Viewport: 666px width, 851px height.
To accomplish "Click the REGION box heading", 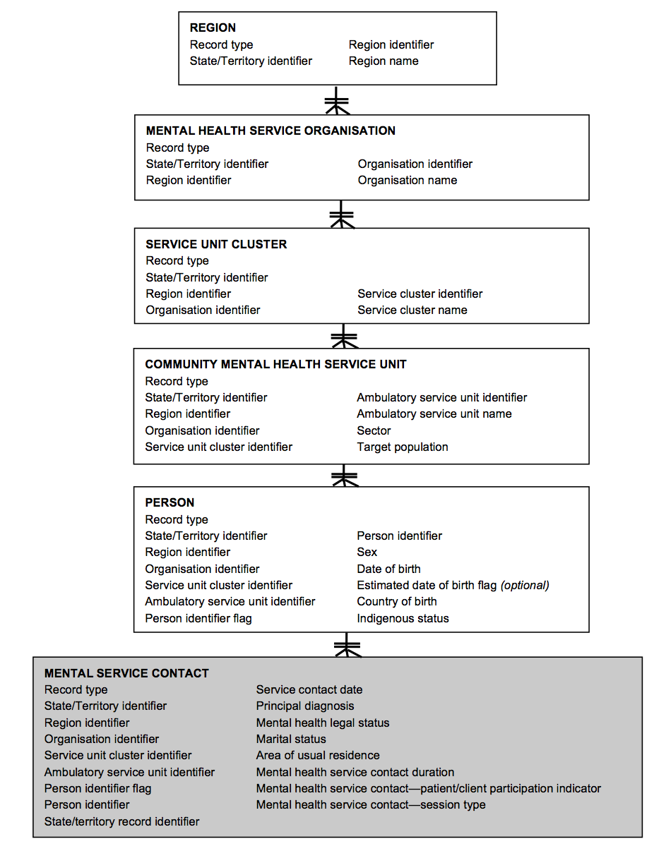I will (213, 28).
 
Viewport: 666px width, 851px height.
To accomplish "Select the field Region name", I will (383, 61).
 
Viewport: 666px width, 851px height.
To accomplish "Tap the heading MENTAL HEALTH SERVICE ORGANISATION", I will (270, 131).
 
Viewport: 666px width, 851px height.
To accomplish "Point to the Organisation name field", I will (407, 181).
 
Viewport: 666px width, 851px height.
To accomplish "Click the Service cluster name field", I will (412, 310).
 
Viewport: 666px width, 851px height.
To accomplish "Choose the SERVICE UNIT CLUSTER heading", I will (216, 244).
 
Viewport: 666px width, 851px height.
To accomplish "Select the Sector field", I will (374, 430).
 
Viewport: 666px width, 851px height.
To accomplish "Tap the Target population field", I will (402, 447).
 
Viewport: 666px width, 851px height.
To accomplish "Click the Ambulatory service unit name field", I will (434, 414).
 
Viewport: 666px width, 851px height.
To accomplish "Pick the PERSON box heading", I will (170, 502).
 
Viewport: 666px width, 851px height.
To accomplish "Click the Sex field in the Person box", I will (367, 553).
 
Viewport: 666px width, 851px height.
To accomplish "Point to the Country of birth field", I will (396, 602).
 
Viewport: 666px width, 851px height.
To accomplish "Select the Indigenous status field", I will (403, 619).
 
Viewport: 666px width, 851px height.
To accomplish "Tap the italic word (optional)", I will (525, 586).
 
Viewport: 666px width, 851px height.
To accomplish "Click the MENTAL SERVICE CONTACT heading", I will (126, 673).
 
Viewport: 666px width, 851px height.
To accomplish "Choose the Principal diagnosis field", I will (305, 706).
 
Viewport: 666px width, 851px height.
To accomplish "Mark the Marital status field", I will (291, 740).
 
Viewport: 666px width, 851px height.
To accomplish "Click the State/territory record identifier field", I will (121, 822).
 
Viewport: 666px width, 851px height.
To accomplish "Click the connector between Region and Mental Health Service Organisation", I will (337, 101).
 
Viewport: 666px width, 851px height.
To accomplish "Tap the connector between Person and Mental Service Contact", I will (347, 645).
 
